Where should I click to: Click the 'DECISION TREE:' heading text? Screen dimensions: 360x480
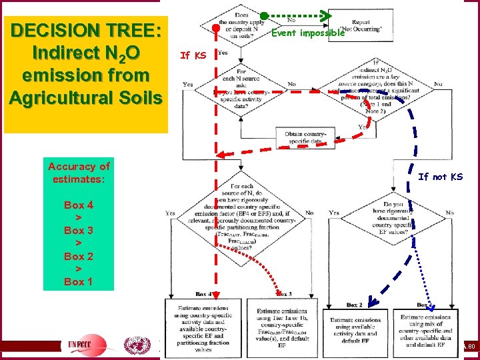coord(85,31)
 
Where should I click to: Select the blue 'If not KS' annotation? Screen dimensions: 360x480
coord(440,177)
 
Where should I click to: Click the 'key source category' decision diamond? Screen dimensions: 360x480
coord(380,85)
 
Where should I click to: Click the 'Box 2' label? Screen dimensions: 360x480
coord(354,305)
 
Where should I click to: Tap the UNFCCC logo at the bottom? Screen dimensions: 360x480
coord(85,345)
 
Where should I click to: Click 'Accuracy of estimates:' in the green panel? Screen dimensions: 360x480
coord(79,173)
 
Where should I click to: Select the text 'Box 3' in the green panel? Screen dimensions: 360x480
coord(79,230)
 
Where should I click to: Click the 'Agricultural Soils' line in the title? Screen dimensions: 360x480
coord(85,97)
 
